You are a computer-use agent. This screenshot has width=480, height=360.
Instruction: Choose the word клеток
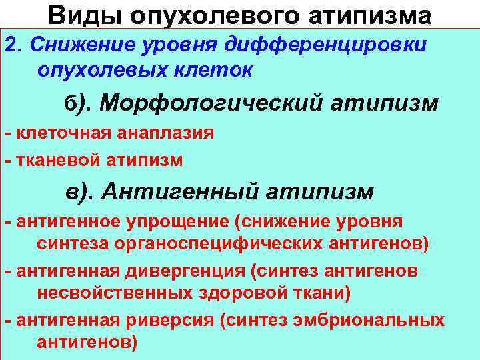coord(213,69)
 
